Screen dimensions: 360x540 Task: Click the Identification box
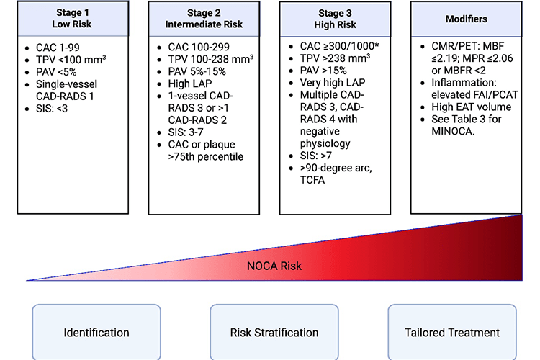tap(96, 332)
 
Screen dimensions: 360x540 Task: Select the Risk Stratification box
tap(274, 332)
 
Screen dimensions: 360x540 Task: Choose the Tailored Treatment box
tap(451, 332)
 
